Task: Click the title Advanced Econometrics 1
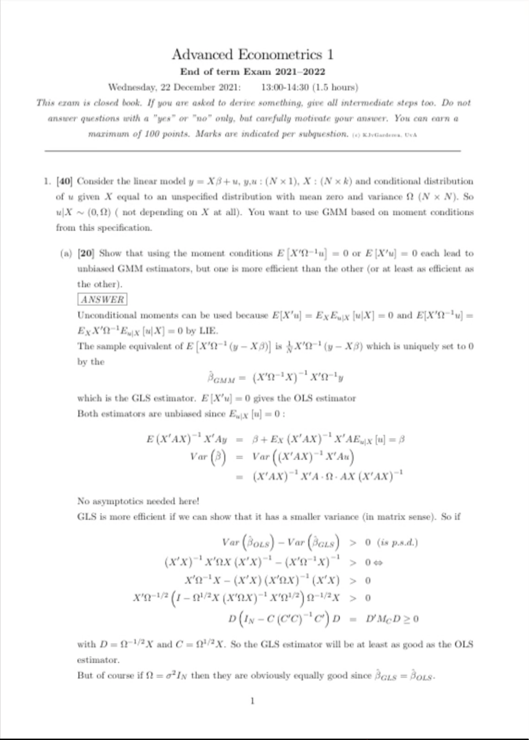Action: (x=252, y=54)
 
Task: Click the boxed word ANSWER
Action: (x=102, y=299)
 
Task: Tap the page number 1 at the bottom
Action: (x=252, y=701)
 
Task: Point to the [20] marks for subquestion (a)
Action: (x=86, y=253)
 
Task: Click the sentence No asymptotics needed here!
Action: (x=138, y=501)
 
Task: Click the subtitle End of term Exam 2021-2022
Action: (x=252, y=72)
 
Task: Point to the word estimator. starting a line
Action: (x=98, y=660)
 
